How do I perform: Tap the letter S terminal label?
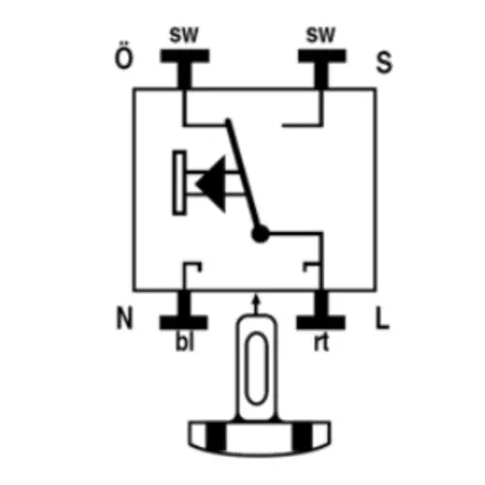pos(384,62)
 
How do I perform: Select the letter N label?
pos(124,318)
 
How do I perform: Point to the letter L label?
pos(382,318)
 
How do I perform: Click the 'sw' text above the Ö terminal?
pos(183,35)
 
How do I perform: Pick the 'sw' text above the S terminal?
pos(321,35)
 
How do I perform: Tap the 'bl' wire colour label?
pos(185,341)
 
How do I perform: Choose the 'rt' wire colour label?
pos(321,342)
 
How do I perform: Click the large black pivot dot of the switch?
pos(260,234)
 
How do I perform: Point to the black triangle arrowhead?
pos(213,184)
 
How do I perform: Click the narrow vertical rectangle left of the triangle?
pos(179,182)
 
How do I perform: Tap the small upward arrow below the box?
pos(256,304)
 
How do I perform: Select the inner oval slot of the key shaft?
pos(257,369)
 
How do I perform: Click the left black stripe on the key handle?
pos(216,436)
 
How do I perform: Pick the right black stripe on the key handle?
pos(302,436)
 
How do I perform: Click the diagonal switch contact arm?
pos(243,175)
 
